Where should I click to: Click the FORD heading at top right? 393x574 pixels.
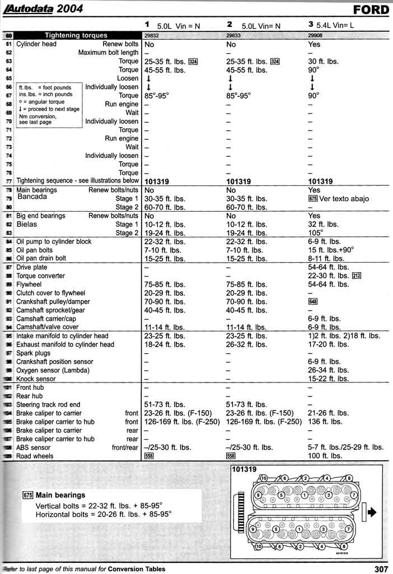[371, 10]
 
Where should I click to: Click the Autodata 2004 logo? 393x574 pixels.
[45, 8]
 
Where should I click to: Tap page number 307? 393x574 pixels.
[381, 569]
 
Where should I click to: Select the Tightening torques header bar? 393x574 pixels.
[76, 35]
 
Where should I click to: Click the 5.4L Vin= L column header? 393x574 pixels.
[335, 25]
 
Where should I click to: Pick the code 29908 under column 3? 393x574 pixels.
[316, 35]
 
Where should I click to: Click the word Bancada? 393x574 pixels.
[32, 197]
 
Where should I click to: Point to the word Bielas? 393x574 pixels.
[29, 224]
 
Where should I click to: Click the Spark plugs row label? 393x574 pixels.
[33, 353]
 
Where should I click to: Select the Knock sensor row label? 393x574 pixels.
[36, 379]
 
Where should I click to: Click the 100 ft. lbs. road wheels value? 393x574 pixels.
[325, 456]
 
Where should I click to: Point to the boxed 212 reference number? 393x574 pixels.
[357, 276]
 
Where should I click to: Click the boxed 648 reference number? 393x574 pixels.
[312, 301]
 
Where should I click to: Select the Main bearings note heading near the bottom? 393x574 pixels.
[60, 495]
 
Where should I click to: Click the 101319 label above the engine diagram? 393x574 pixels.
[244, 469]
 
